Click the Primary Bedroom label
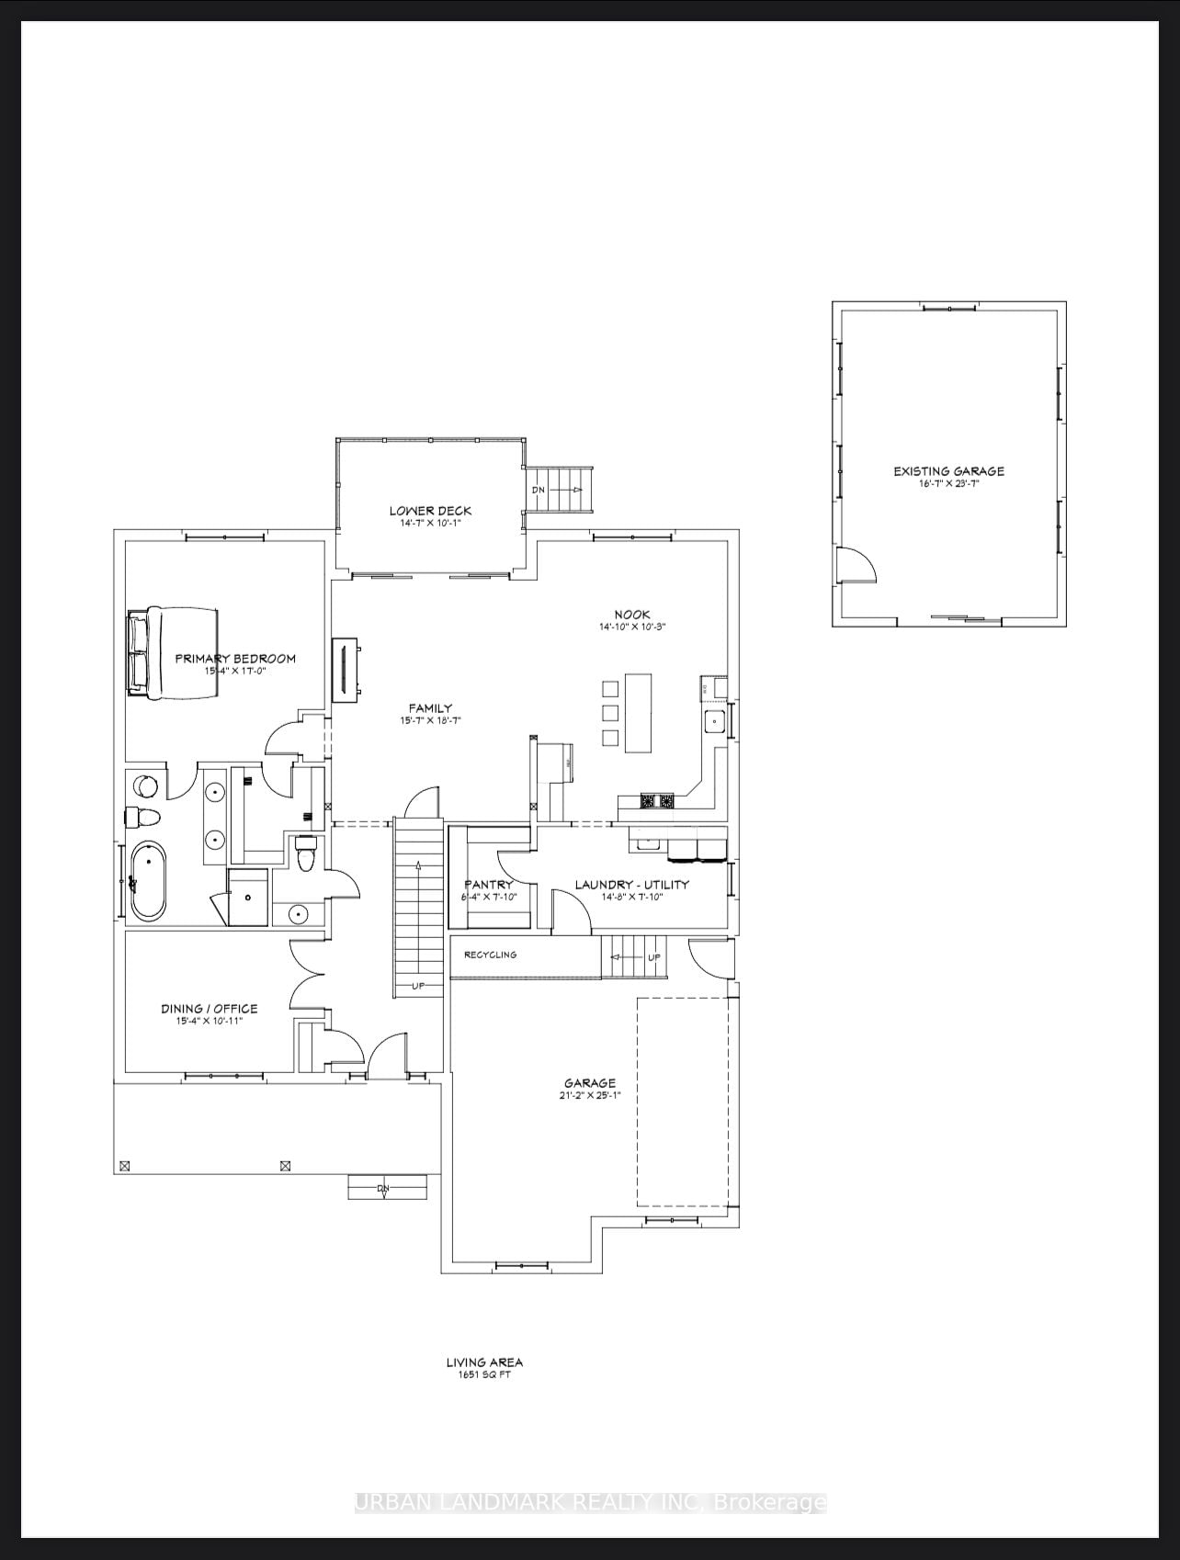pyautogui.click(x=235, y=659)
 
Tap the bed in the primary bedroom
pyautogui.click(x=173, y=653)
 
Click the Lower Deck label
pyautogui.click(x=429, y=511)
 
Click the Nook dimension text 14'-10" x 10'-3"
pyautogui.click(x=632, y=627)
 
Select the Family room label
pyautogui.click(x=430, y=708)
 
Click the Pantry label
pyautogui.click(x=488, y=885)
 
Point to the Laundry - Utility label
pyautogui.click(x=631, y=885)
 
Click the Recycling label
pyautogui.click(x=490, y=955)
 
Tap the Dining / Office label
pyautogui.click(x=210, y=1008)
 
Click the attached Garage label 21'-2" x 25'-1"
pyautogui.click(x=590, y=1089)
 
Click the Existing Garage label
pyautogui.click(x=948, y=471)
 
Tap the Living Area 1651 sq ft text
pyautogui.click(x=484, y=1368)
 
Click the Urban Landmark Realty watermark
pyautogui.click(x=590, y=1503)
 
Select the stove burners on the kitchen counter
pyautogui.click(x=657, y=801)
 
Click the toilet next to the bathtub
pyautogui.click(x=142, y=816)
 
